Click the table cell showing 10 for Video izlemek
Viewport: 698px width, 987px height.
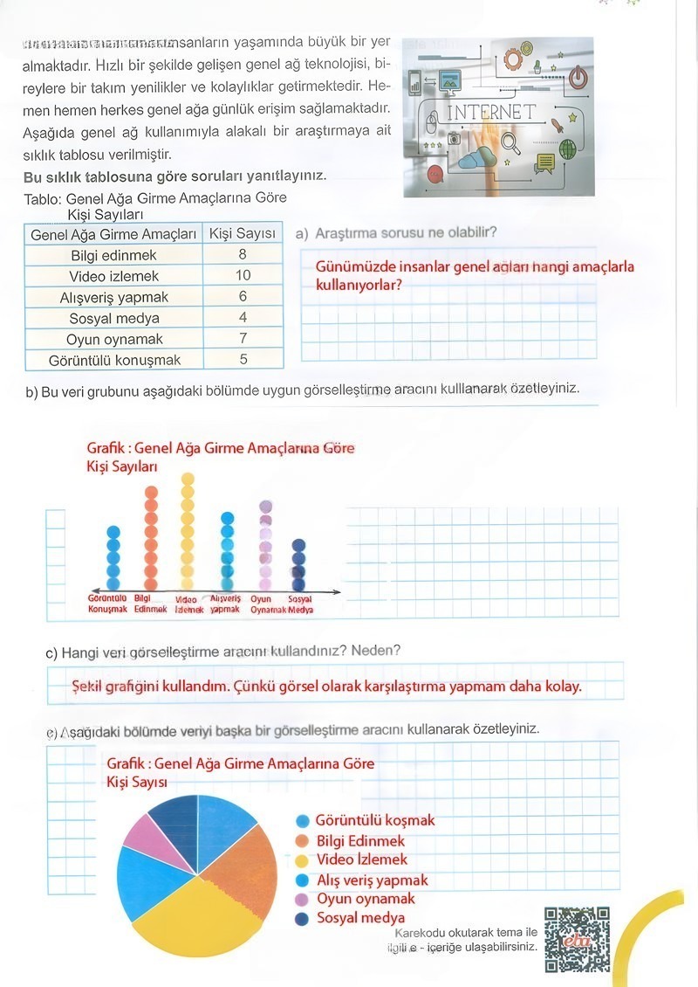pyautogui.click(x=243, y=276)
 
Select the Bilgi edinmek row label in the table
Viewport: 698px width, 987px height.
pyautogui.click(x=113, y=255)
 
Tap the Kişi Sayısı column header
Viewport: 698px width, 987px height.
pyautogui.click(x=243, y=233)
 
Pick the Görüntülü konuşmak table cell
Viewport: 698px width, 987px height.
pyautogui.click(x=113, y=360)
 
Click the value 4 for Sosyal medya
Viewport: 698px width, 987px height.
pyautogui.click(x=243, y=318)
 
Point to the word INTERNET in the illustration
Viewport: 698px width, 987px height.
pyautogui.click(x=491, y=113)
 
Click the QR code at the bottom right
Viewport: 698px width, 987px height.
pyautogui.click(x=577, y=940)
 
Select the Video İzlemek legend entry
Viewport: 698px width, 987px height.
pyautogui.click(x=361, y=859)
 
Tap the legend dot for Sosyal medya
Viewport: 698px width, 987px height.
pyautogui.click(x=302, y=918)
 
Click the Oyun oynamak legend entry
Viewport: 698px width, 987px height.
pyautogui.click(x=365, y=899)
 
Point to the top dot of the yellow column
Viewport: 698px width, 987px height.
pyautogui.click(x=187, y=479)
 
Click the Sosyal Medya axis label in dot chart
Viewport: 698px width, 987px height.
pyautogui.click(x=300, y=604)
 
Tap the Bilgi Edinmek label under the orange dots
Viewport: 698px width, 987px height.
pyautogui.click(x=150, y=604)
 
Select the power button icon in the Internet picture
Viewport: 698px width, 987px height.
pyautogui.click(x=578, y=78)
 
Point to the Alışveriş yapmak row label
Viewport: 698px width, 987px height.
pyautogui.click(x=113, y=297)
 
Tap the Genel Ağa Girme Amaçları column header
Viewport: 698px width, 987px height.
pyautogui.click(x=113, y=234)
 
